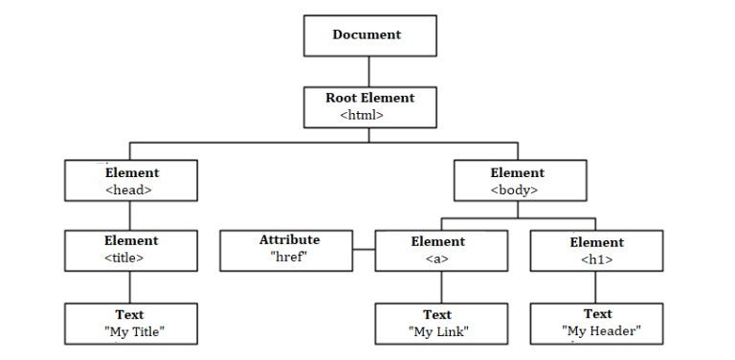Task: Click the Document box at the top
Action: (369, 36)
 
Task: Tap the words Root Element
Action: (369, 98)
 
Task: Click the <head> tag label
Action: (129, 190)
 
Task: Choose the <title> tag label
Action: (124, 258)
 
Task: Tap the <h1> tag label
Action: (596, 259)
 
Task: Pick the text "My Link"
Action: (437, 331)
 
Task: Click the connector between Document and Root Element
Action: (369, 71)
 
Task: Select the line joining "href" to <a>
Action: (364, 250)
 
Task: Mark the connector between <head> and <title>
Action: (131, 215)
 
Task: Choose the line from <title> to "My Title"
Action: (131, 287)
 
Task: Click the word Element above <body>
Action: (517, 173)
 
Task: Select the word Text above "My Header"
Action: (597, 314)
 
